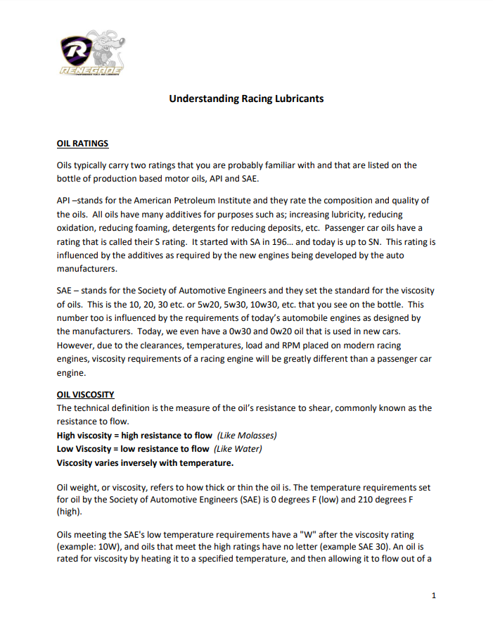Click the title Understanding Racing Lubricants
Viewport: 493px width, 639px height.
coord(246,99)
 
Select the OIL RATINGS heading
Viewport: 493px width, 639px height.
coord(82,144)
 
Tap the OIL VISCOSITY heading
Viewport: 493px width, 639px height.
coord(85,394)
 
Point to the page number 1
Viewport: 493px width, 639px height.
coord(434,596)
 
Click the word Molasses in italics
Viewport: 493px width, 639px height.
coord(259,435)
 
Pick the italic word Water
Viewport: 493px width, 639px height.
coord(249,448)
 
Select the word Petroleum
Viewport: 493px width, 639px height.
coord(225,201)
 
